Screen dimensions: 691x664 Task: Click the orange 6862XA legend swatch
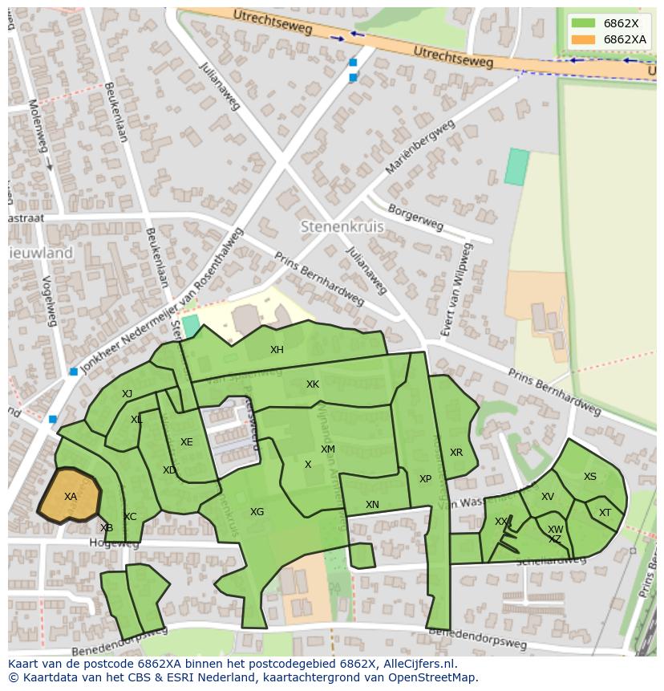click(584, 39)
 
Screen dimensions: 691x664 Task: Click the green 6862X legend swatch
click(584, 24)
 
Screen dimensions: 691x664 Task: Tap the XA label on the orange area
click(71, 497)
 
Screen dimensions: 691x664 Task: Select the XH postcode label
click(277, 350)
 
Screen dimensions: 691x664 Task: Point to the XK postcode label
click(313, 384)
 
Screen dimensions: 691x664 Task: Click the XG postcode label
click(257, 512)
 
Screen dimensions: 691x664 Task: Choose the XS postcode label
click(590, 477)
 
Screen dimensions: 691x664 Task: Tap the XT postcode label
click(605, 513)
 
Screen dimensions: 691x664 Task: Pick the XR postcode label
click(456, 453)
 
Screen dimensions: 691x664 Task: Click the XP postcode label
click(425, 479)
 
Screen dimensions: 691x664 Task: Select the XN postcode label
click(372, 505)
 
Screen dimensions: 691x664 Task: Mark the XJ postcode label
click(128, 394)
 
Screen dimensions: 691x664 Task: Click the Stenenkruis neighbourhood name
click(342, 227)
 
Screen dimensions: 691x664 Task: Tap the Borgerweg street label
click(415, 217)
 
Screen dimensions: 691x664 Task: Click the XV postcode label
click(548, 497)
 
